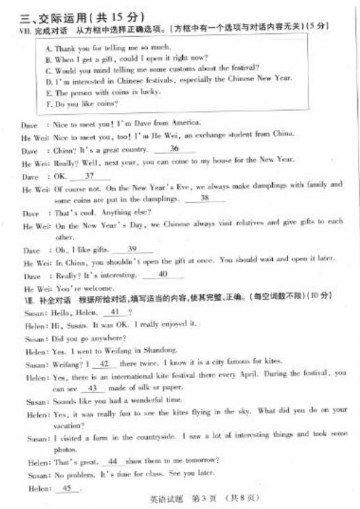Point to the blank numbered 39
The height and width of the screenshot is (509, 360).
click(131, 249)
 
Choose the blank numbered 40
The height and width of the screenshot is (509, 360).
click(162, 274)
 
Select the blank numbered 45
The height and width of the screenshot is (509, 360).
click(67, 487)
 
